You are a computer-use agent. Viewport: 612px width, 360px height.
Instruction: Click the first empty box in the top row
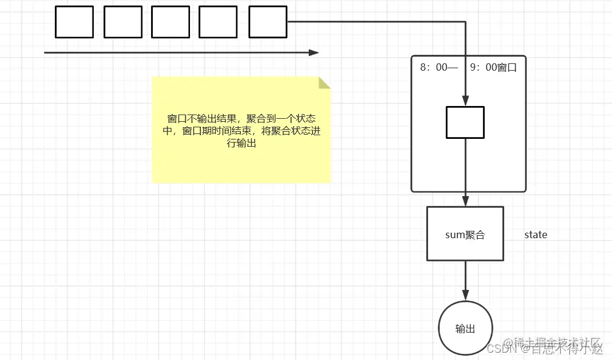74,22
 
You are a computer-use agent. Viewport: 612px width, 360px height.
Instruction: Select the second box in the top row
123,22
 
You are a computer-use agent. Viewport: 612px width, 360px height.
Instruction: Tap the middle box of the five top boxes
171,22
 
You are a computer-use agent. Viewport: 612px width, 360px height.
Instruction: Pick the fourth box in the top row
218,22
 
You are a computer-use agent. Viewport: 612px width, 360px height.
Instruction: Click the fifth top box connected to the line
268,22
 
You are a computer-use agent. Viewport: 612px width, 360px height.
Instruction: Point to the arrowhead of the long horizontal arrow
314,53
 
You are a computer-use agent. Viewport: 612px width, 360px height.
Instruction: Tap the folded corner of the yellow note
324,83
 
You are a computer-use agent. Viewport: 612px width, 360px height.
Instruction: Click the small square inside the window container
465,122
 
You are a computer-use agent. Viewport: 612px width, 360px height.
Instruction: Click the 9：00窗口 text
493,68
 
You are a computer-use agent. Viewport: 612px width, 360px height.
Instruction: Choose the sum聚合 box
465,235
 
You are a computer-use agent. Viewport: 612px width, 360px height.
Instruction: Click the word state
536,235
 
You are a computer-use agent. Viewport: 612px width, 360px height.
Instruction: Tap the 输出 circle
465,329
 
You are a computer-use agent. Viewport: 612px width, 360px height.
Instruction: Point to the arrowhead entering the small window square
465,102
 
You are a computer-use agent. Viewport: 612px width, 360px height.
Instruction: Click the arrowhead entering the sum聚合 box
465,202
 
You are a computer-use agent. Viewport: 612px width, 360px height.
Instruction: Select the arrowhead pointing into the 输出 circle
465,297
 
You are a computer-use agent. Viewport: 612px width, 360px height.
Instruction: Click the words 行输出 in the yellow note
241,144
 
